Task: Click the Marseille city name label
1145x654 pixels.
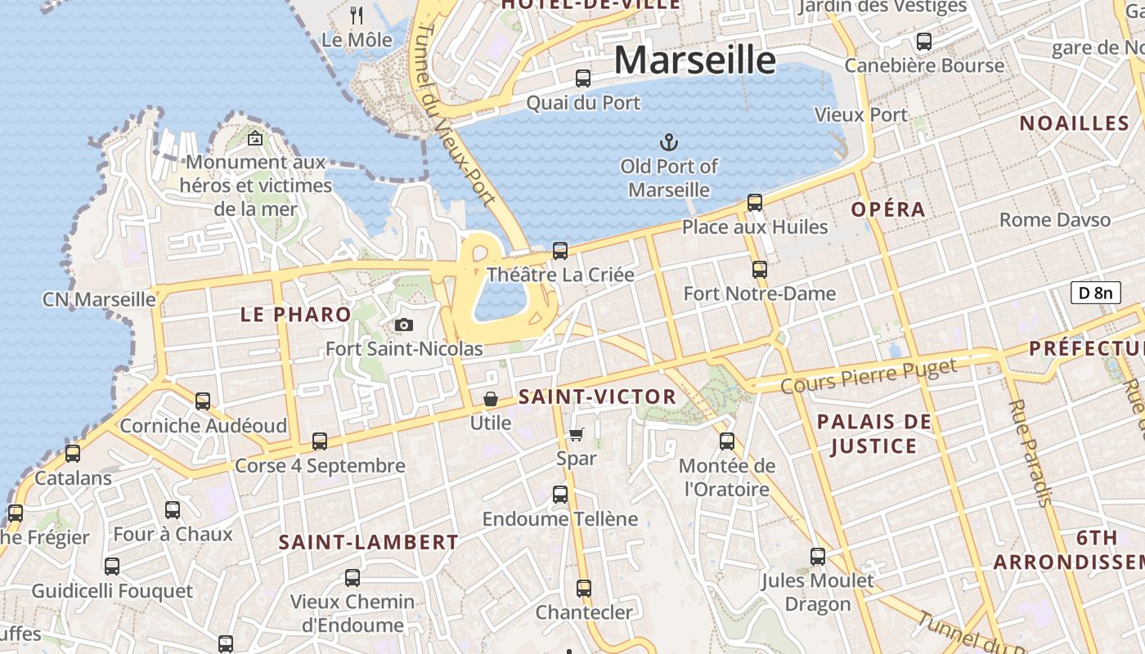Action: pos(694,60)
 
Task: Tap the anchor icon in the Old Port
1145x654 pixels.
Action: pos(669,142)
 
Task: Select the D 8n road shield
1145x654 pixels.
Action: pos(1095,293)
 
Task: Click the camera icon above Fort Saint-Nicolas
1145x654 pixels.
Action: pos(403,325)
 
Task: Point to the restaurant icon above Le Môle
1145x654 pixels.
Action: pos(357,15)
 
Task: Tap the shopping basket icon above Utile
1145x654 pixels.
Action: pos(491,399)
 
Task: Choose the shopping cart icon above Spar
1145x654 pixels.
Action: pos(577,434)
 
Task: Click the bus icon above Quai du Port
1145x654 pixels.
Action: pos(582,78)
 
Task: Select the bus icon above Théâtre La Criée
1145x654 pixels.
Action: pos(559,251)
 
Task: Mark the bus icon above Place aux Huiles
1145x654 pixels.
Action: pos(754,203)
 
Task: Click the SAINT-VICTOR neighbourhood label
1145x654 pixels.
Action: pos(598,397)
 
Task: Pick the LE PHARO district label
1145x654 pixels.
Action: pos(295,314)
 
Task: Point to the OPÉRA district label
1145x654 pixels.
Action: pos(888,209)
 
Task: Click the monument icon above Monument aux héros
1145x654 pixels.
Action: pos(255,138)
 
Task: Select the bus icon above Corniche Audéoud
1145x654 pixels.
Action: pos(203,401)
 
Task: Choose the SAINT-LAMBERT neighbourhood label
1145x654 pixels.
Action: pos(368,542)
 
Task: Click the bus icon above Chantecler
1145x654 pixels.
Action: pos(583,589)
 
